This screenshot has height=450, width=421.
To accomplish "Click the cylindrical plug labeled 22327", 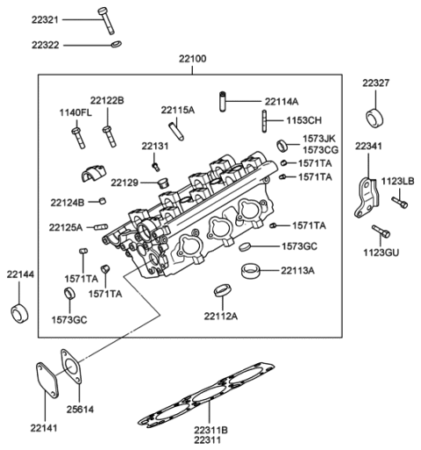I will coord(375,118).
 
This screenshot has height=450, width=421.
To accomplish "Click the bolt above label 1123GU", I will coord(381,233).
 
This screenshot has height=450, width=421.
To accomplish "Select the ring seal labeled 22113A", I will coord(252,270).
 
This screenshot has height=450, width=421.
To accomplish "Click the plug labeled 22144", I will coord(18,312).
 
